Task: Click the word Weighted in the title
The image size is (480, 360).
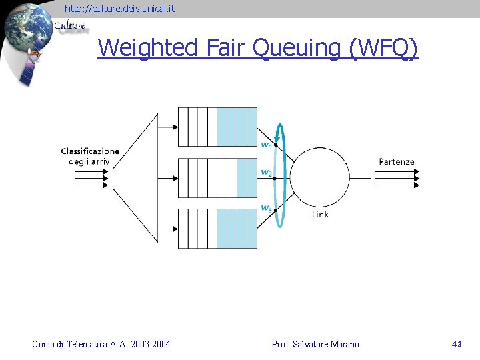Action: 147,48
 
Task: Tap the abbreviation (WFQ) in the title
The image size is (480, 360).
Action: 383,48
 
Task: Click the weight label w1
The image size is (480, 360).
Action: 266,144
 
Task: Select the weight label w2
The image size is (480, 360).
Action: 266,173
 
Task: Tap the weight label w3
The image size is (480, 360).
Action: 266,208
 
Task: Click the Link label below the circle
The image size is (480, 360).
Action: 320,215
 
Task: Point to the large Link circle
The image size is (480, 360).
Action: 321,177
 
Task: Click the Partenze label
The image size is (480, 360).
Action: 397,162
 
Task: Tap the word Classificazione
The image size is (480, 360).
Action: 90,151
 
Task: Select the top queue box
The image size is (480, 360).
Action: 217,127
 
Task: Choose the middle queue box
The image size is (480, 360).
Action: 217,178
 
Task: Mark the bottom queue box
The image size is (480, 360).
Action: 217,229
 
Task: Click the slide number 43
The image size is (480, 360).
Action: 457,345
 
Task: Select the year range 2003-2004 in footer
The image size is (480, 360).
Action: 151,345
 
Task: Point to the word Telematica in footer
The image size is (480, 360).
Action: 89,345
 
